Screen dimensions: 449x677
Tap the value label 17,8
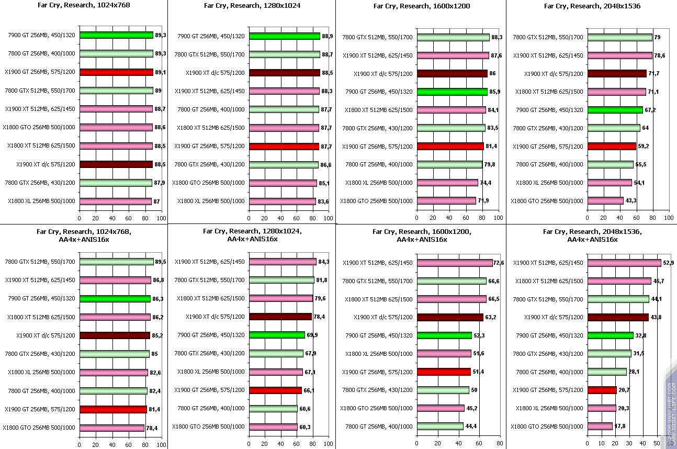[x=620, y=426]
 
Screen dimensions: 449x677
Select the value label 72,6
[x=499, y=263]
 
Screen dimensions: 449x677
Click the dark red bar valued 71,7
[x=617, y=73]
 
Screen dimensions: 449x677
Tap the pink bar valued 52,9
[x=624, y=263]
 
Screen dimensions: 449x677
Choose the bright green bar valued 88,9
[x=284, y=36]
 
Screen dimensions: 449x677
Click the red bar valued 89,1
[x=116, y=72]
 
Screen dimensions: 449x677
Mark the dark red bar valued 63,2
[x=449, y=317]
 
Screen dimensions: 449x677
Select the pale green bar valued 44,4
[x=439, y=426]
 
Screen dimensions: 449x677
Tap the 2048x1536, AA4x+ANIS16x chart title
[x=592, y=235]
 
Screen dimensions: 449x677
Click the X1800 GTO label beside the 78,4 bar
[x=39, y=428]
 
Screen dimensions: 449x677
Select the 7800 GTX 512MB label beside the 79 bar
[x=548, y=37]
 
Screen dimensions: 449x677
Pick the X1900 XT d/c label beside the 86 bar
[x=383, y=74]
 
